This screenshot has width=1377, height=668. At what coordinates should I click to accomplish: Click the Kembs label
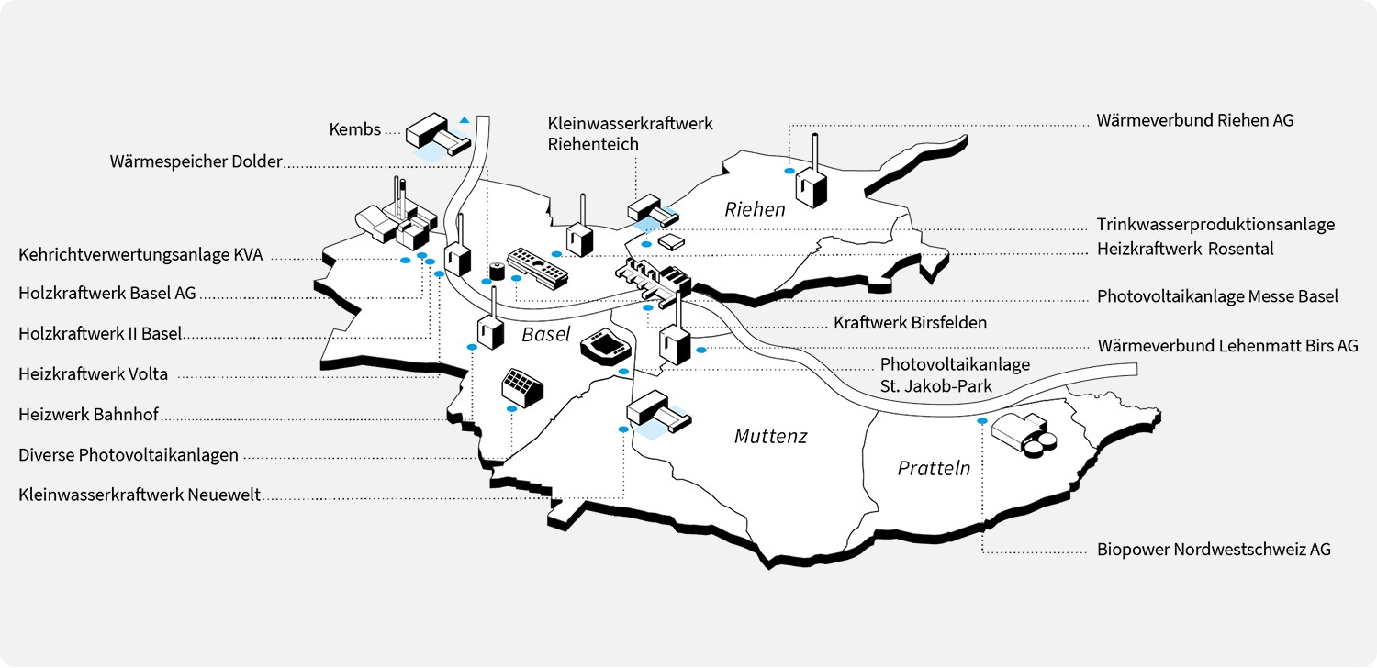point(354,129)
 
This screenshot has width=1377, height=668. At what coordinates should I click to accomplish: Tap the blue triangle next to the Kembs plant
point(465,119)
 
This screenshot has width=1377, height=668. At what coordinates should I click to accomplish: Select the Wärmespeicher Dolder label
point(196,162)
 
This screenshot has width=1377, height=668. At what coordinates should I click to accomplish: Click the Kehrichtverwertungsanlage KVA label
point(140,255)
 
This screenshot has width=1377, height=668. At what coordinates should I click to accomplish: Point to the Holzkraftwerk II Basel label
point(100,333)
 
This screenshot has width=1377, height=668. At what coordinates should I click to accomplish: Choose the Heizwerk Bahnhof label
point(88,415)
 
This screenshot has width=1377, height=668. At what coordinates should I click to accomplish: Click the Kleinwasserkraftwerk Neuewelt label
point(139,495)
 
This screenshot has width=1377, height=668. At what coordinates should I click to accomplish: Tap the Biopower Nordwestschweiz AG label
point(1214,550)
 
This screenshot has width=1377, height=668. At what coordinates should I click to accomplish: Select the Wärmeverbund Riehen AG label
point(1195,120)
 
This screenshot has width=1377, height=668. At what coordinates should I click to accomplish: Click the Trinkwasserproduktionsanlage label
point(1215,225)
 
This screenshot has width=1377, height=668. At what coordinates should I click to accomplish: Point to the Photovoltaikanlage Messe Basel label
point(1217,296)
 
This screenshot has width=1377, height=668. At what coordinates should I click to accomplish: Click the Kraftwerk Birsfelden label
point(910,323)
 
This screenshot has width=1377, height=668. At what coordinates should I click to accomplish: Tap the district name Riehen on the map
point(755,210)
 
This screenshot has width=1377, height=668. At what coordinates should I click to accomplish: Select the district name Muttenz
point(770,437)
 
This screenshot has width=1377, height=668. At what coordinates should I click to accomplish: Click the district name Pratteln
point(934,469)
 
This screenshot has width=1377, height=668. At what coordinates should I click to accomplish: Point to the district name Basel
point(546,335)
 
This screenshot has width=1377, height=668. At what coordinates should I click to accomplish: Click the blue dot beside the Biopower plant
point(981,421)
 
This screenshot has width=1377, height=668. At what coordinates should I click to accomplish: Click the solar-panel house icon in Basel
point(521,388)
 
